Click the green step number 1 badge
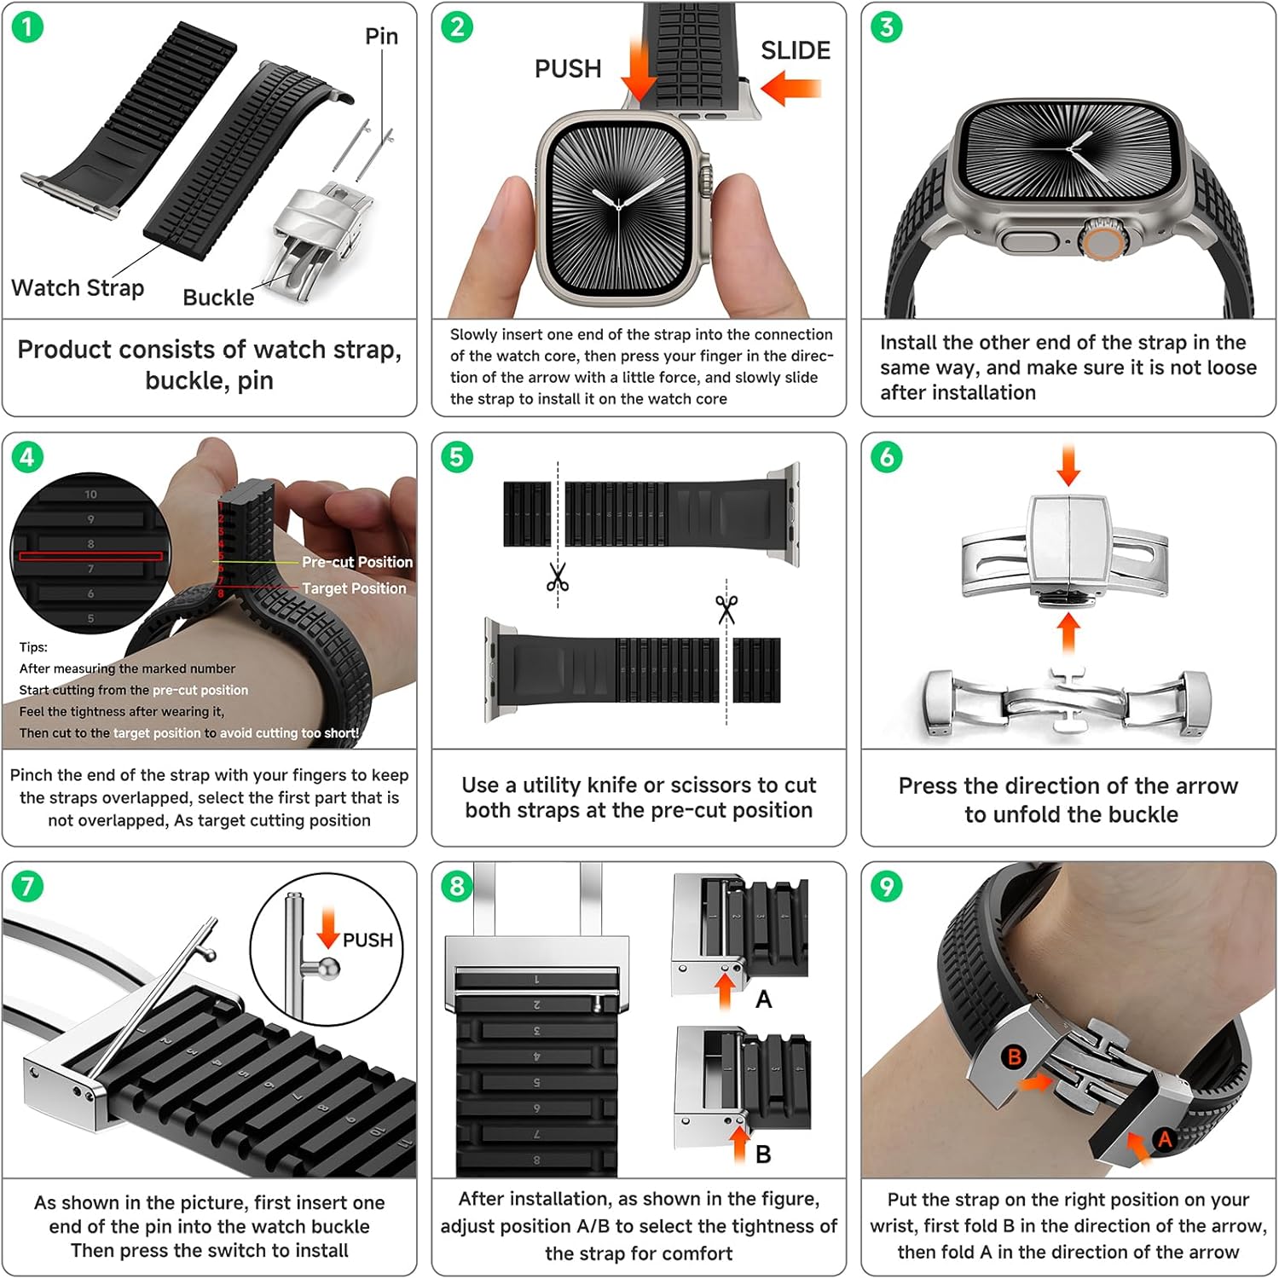coord(27,27)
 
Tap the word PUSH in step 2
coord(568,69)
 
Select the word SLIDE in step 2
coord(795,51)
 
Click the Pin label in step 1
coord(381,37)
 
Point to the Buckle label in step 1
coord(218,298)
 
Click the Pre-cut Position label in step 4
coord(356,563)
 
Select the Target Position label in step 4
coord(354,588)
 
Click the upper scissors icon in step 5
coord(558,578)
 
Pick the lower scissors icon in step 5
coord(726,609)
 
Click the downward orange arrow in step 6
coord(1068,466)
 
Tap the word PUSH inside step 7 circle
coord(367,940)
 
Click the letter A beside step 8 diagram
coord(764,999)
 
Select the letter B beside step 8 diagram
coord(764,1155)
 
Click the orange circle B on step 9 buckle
coord(1014,1057)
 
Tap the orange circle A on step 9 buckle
coord(1164,1139)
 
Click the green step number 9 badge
coord(887,887)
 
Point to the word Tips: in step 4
coord(34,647)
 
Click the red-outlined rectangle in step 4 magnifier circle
coord(90,556)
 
